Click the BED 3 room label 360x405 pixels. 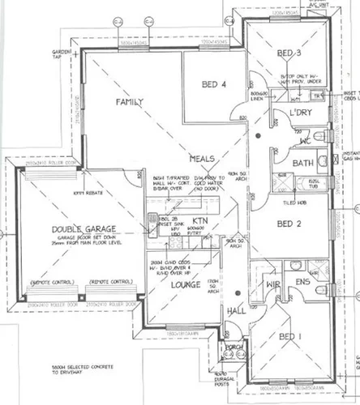[x=289, y=53]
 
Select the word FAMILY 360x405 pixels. [x=129, y=102]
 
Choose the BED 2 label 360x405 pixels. [x=289, y=223]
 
